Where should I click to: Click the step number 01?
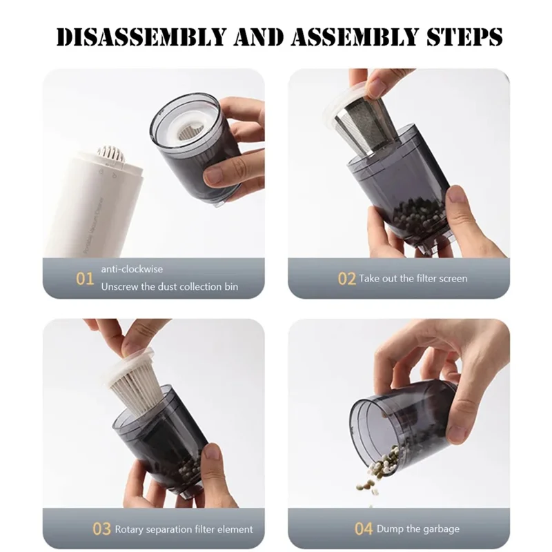click(x=85, y=279)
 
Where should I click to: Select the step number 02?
click(x=346, y=279)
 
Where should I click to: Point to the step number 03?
click(x=101, y=529)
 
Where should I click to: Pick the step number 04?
click(x=364, y=529)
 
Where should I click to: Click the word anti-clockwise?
click(x=132, y=269)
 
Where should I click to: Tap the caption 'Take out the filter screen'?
click(x=413, y=279)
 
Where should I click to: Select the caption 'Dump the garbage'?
click(x=417, y=529)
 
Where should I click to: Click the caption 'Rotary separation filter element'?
click(x=184, y=529)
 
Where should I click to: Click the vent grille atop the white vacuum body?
click(x=110, y=153)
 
